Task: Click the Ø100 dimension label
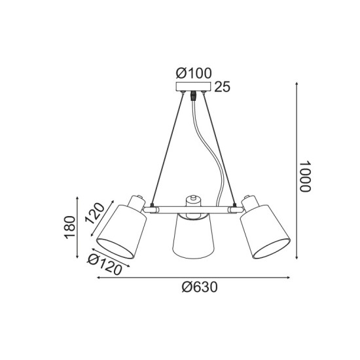(194, 73)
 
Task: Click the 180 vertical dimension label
(71, 226)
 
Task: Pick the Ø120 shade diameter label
(105, 264)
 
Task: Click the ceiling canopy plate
(194, 86)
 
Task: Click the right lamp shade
(263, 229)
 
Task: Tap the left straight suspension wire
(168, 151)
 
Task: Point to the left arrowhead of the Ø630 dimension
(99, 278)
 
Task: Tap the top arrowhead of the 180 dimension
(79, 197)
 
